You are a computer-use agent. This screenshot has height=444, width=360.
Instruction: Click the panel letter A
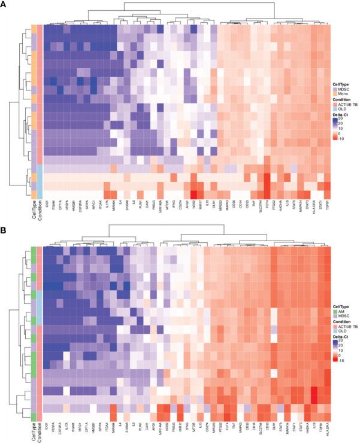point(4,4)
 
